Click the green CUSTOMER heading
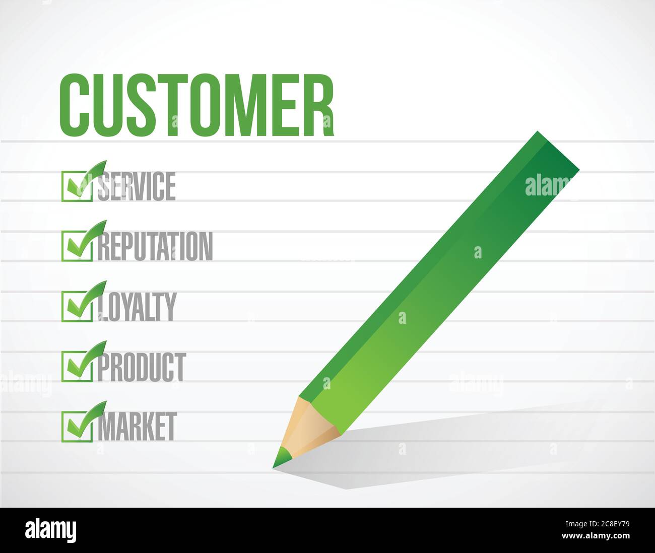(196, 106)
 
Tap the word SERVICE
(137, 186)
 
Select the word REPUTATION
(155, 246)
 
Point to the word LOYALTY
(137, 306)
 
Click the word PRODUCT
(142, 367)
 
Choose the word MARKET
(137, 426)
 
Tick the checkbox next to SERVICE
(77, 186)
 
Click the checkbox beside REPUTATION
(77, 246)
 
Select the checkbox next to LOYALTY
(77, 306)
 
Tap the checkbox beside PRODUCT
(77, 367)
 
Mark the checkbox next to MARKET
(77, 427)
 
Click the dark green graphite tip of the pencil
(282, 458)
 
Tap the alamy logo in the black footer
(51, 530)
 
